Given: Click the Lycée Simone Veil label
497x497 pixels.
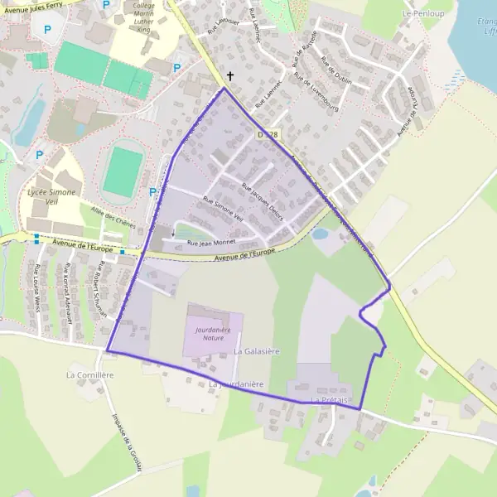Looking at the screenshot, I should [x=51, y=197].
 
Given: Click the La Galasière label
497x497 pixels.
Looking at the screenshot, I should [x=257, y=351].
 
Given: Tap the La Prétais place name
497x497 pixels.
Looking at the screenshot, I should [x=326, y=400].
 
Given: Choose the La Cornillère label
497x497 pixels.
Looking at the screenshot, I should [x=89, y=374].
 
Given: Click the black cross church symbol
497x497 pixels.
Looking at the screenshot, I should [x=229, y=77].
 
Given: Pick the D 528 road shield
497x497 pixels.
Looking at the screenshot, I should [x=266, y=134].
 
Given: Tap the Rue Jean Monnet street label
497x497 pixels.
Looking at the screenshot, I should [x=212, y=243].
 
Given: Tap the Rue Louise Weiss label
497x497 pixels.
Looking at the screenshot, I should [x=37, y=287].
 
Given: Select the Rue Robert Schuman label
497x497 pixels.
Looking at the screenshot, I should [x=102, y=281].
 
